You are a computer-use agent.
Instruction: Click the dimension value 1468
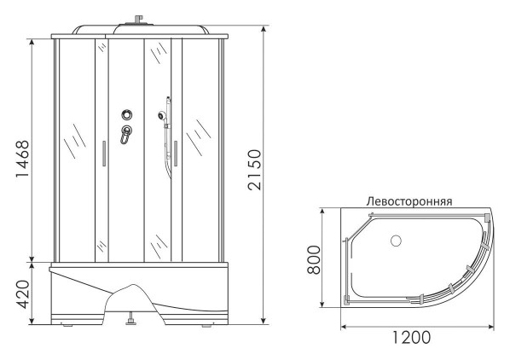[x=22, y=159]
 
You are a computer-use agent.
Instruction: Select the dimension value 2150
[x=254, y=170]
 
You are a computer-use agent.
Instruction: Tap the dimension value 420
[x=23, y=294]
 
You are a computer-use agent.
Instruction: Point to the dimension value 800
[x=314, y=260]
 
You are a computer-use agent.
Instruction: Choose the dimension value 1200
[x=411, y=337]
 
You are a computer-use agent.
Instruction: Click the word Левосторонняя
[x=409, y=201]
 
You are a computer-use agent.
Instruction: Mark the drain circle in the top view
[x=396, y=241]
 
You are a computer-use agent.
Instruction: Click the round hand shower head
[x=162, y=115]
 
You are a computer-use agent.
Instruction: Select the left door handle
[x=104, y=154]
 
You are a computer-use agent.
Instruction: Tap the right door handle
[x=176, y=154]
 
